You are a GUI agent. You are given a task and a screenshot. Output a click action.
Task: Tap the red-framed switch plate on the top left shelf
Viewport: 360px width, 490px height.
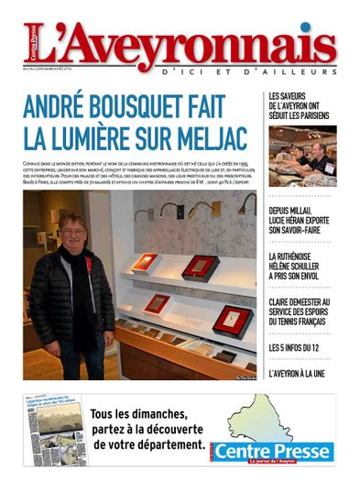click(x=145, y=264)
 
